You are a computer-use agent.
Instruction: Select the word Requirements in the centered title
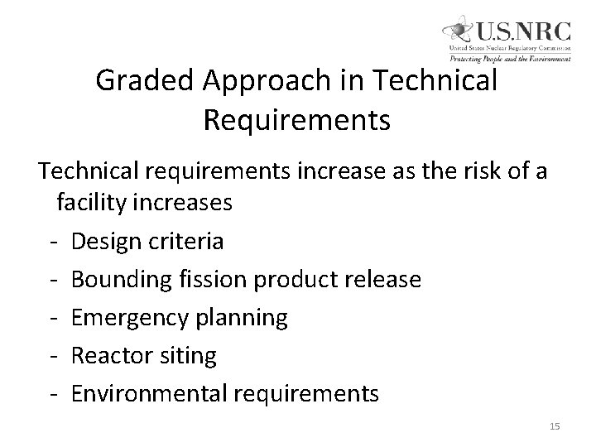296,121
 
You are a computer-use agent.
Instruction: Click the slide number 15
554,425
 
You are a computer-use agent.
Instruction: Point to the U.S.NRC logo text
523,32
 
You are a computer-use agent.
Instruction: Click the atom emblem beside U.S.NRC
457,32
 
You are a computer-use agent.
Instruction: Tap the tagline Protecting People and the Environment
510,59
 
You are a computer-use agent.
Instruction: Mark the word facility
93,202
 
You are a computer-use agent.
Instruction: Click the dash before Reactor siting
52,356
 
